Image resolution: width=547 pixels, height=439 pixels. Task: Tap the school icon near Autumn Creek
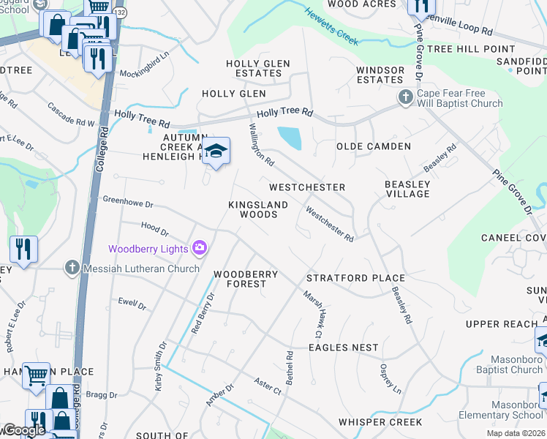click(216, 151)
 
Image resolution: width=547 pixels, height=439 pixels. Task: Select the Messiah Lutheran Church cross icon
click(72, 268)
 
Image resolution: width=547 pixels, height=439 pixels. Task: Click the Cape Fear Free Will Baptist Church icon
click(406, 97)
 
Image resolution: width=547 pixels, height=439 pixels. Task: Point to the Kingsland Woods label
click(253, 210)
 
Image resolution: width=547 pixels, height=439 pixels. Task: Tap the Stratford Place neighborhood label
click(355, 278)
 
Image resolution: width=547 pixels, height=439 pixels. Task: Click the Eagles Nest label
click(343, 348)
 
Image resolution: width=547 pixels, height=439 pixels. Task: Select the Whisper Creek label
click(380, 422)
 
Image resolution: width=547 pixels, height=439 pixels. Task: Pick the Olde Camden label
click(373, 146)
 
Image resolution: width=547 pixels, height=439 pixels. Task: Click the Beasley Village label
click(407, 189)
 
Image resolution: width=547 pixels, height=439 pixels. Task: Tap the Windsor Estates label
click(380, 74)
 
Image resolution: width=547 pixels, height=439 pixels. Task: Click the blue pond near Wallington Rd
click(289, 137)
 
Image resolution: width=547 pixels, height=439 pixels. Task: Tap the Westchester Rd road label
click(330, 225)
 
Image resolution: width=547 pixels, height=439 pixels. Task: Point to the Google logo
click(23, 430)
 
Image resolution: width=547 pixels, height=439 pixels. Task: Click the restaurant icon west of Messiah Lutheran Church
click(23, 249)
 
